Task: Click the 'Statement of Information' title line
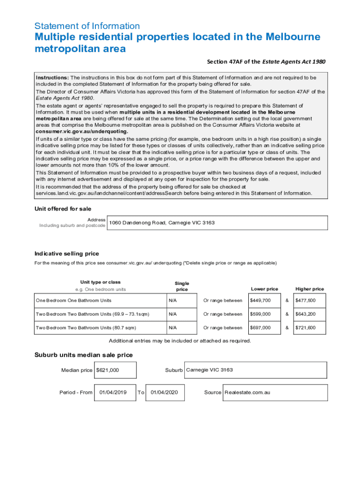click(87, 26)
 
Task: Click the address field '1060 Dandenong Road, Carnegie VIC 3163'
click(162, 223)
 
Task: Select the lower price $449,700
click(260, 300)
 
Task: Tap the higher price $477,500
click(305, 300)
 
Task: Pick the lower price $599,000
click(260, 314)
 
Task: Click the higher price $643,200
click(305, 314)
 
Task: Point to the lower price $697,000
click(260, 327)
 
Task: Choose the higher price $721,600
click(305, 327)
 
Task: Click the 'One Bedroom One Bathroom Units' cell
click(73, 300)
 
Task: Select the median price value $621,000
click(108, 370)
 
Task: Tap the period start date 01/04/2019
click(113, 392)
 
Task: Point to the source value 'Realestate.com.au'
click(247, 392)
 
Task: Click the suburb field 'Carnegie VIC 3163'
click(209, 370)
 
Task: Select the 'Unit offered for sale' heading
click(63, 209)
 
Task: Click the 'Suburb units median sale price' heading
click(83, 355)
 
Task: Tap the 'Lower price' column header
click(264, 289)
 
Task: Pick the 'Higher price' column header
click(310, 289)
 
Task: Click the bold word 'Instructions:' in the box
click(52, 77)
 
